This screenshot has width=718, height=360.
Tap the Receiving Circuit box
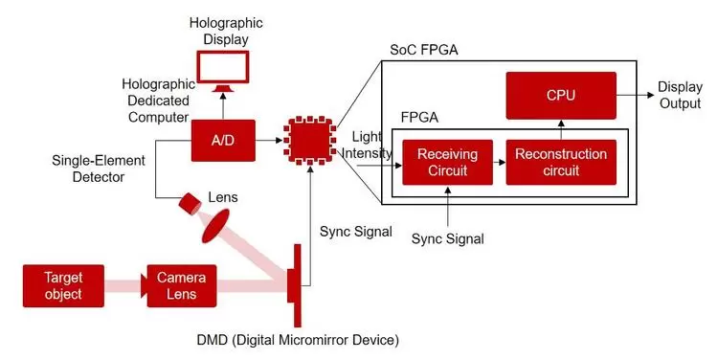pos(447,162)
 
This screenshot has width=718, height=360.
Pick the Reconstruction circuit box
pos(560,162)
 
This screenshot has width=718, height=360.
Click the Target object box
pos(62,286)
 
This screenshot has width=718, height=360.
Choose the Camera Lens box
pos(181,286)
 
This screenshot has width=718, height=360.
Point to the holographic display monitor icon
pos(222,70)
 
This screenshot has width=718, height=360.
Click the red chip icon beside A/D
pos(309,141)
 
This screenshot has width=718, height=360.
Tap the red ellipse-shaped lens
pos(219,228)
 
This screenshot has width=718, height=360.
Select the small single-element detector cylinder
pos(189,203)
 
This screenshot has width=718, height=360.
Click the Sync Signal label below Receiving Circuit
pos(447,237)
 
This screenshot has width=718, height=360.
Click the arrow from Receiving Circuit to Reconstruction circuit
pos(499,162)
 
